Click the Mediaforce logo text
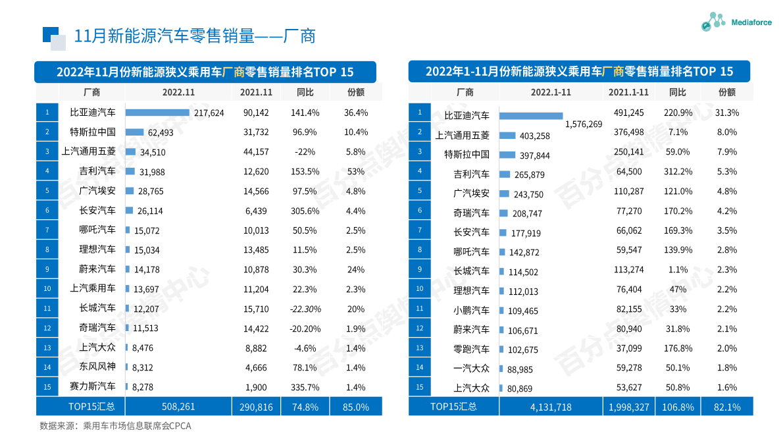coord(751,22)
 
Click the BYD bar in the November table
coord(158,113)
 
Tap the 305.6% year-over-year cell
coord(305,211)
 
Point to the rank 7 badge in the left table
coord(47,230)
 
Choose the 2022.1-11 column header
coord(550,92)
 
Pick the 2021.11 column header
coord(256,92)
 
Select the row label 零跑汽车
coord(471,349)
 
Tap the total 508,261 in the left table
coord(178,407)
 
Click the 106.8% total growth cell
coord(677,407)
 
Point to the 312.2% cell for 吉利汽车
coord(677,173)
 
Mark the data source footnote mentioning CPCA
coord(115,426)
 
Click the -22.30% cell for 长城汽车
coord(305,308)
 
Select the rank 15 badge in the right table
coord(419,387)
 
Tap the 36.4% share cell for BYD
coord(356,113)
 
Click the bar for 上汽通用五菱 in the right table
coord(507,136)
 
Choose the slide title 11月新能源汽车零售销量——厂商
coord(195,36)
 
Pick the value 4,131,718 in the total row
coord(550,407)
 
